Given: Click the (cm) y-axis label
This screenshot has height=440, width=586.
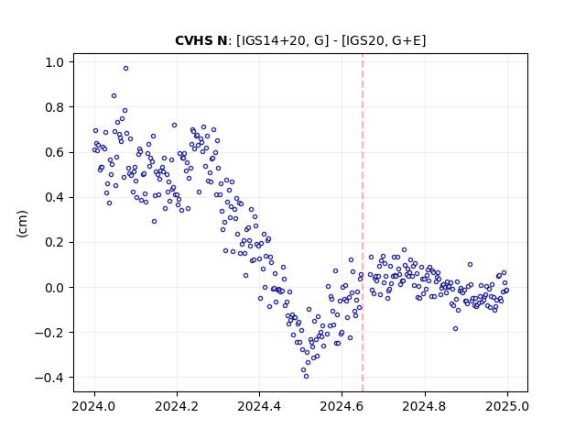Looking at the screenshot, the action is click(x=22, y=224).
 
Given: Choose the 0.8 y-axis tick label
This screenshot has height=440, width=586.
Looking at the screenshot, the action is click(x=54, y=107).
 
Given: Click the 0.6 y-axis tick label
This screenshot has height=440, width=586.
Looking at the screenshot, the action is click(x=54, y=153).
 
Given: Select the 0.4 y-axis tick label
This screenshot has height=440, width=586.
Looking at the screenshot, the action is click(x=54, y=198).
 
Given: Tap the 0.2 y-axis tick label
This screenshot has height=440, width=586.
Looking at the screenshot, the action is click(x=54, y=243).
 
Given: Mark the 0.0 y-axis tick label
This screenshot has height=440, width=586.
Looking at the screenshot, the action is click(x=54, y=288).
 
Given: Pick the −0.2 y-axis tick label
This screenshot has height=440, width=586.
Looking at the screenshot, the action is click(x=49, y=333).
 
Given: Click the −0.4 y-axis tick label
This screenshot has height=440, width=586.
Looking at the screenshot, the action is click(x=49, y=378).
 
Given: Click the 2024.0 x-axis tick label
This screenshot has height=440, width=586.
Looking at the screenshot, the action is click(x=94, y=406).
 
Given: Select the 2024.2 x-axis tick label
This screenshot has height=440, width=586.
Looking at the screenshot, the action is click(x=177, y=406).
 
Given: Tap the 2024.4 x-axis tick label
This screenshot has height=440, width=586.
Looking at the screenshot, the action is click(x=259, y=406).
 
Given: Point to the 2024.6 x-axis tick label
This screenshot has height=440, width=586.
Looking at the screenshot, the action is click(x=342, y=406).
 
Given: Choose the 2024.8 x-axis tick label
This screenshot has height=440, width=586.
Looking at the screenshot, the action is click(x=425, y=406).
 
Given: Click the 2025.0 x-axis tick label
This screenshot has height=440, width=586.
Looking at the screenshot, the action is click(x=507, y=406).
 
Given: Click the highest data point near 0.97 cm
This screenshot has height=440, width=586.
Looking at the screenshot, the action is click(x=126, y=68).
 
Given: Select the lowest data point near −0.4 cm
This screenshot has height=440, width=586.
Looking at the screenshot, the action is click(x=306, y=377).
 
